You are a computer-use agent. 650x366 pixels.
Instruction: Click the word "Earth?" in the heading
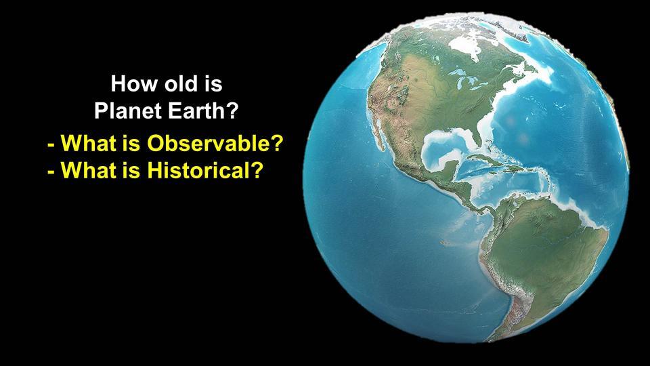point(200,110)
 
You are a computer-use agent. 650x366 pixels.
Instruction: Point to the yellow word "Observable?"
point(215,143)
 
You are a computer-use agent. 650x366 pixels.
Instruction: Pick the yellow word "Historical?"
point(205,169)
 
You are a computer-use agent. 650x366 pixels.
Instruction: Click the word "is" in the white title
point(213,83)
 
